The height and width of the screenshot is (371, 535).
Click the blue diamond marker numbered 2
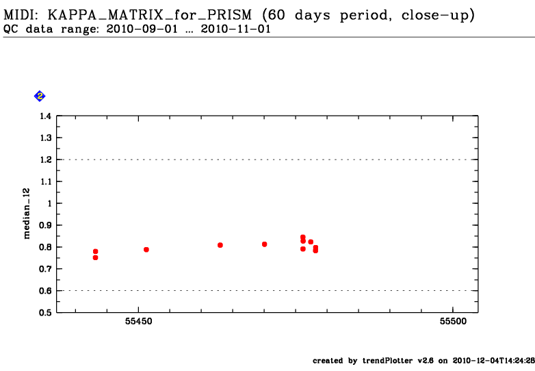[40, 97]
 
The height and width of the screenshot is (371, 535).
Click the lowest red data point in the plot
[95, 257]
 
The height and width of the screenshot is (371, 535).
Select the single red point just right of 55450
[146, 249]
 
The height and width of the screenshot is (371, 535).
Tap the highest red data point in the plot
[302, 237]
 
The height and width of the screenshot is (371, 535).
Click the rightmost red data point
[315, 251]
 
